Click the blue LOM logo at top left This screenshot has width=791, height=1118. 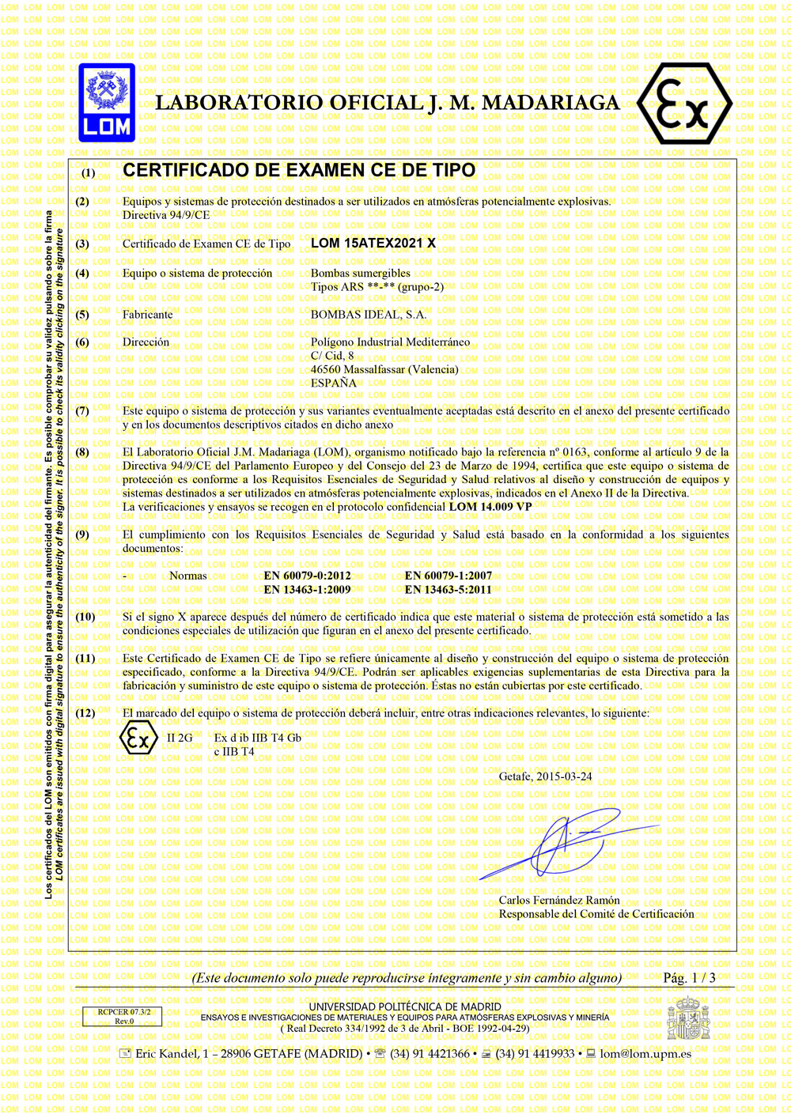tap(107, 103)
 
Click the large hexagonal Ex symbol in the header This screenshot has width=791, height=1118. tap(684, 104)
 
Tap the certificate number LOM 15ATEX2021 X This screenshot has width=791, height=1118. tap(373, 244)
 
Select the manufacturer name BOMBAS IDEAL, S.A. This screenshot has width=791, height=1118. tap(368, 315)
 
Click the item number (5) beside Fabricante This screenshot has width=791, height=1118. tap(82, 315)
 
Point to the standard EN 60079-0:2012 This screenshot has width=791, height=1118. tap(307, 576)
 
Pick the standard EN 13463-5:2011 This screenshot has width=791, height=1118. tap(448, 590)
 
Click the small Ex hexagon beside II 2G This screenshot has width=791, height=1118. tap(138, 739)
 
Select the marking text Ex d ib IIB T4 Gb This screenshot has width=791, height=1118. tap(257, 738)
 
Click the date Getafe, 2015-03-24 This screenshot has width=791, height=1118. tap(545, 776)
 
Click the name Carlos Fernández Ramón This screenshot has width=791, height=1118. tap(559, 901)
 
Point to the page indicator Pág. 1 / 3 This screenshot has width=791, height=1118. tap(689, 978)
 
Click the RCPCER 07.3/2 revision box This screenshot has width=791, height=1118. tap(123, 1016)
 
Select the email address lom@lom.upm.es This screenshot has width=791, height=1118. tap(645, 1054)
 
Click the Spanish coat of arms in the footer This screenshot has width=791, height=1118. tap(688, 1018)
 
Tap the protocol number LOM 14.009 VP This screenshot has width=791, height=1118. tap(490, 507)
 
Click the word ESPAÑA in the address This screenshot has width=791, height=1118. tap(333, 383)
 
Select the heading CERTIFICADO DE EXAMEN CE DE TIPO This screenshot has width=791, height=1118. tap(299, 171)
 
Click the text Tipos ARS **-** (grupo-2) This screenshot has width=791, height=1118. tap(377, 287)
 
